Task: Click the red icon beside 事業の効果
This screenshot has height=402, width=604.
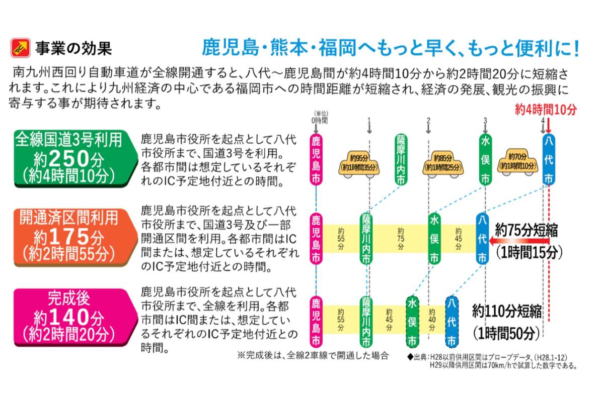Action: tap(20, 48)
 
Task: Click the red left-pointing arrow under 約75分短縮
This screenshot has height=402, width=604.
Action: tap(518, 242)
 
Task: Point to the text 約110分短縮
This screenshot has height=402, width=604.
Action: tap(507, 311)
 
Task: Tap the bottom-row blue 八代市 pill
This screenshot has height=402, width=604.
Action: tap(452, 322)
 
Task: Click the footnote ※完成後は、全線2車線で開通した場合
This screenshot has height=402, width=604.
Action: tap(313, 355)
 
